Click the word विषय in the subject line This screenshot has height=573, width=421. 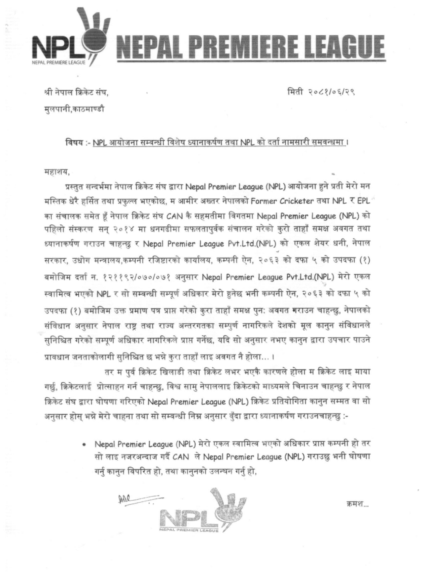(73, 142)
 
